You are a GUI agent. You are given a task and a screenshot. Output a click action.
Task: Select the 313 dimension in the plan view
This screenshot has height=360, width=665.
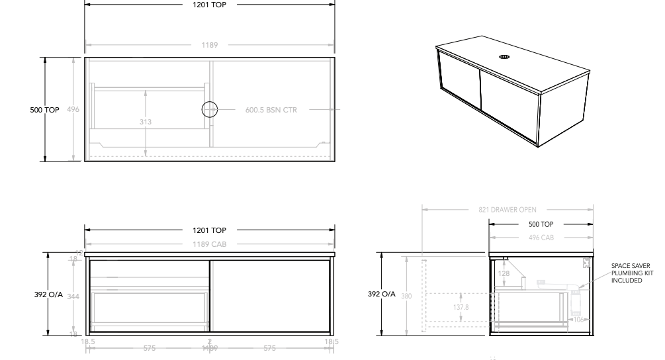coord(146,121)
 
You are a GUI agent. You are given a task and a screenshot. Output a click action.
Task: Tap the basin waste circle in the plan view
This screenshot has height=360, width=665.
coord(210,110)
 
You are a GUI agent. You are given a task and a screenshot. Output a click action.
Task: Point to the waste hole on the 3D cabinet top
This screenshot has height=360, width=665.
coord(504,57)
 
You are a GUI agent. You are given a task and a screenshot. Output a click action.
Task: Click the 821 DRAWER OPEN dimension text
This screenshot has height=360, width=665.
coord(508,210)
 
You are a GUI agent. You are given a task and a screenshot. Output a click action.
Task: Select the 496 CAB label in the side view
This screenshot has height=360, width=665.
coord(541,238)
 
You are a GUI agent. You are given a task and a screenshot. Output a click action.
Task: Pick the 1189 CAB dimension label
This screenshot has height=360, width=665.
coord(210,244)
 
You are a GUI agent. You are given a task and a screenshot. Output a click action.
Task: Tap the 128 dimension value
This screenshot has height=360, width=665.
coord(504,274)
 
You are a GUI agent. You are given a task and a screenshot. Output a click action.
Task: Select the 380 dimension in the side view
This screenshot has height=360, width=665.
coord(406,296)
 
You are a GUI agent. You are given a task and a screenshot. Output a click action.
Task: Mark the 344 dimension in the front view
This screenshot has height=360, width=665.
coord(73,296)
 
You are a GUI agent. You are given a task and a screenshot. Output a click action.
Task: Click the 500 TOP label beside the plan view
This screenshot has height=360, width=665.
coord(45,110)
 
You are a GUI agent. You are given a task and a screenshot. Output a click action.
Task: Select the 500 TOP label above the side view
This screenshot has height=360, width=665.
coord(541,224)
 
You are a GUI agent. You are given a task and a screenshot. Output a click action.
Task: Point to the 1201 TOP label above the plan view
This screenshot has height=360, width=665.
coord(210,4)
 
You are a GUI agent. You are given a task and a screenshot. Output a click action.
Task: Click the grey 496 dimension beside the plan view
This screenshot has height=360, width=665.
coord(73,110)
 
